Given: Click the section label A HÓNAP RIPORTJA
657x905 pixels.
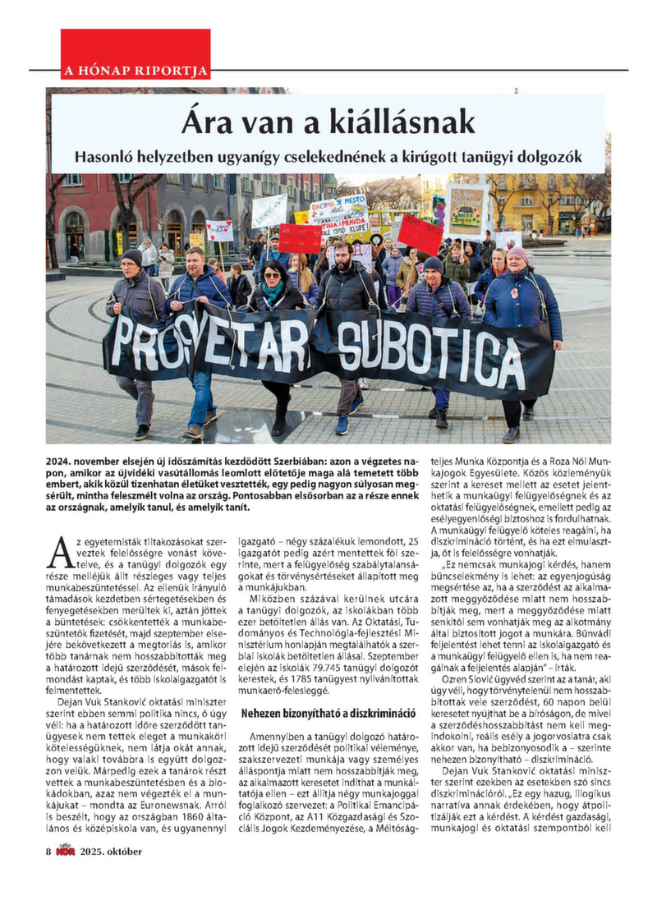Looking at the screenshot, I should point(136,70).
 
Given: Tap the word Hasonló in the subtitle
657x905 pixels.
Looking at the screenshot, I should point(109,155).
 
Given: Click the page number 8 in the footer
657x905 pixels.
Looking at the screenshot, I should point(49,851).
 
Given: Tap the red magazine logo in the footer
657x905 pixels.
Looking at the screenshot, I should point(67,851).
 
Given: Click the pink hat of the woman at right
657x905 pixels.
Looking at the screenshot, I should point(518,252).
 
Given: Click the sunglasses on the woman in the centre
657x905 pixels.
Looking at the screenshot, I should point(273,278).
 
